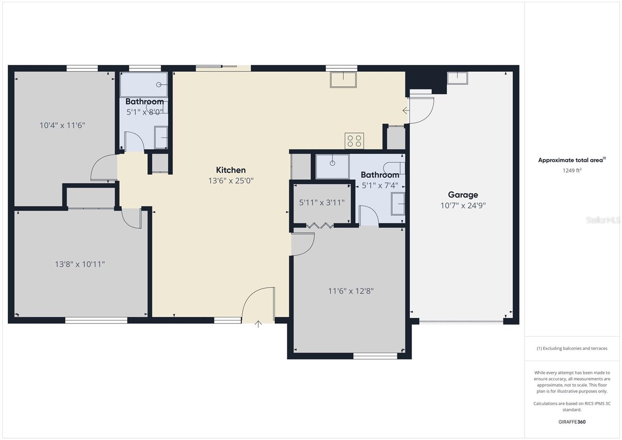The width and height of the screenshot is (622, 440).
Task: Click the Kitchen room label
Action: click(231, 170)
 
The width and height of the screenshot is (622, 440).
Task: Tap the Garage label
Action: click(463, 195)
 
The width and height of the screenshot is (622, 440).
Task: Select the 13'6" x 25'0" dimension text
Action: click(231, 181)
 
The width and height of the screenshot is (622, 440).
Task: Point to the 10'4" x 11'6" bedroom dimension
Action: click(62, 125)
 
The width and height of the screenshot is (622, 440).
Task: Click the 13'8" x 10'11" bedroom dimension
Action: click(80, 264)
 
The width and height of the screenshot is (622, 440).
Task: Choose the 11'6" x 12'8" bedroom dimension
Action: click(351, 291)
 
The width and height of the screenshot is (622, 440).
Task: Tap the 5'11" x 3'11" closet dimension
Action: click(321, 202)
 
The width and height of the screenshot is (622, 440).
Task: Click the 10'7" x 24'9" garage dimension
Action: click(463, 205)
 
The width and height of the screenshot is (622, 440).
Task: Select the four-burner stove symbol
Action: click(354, 140)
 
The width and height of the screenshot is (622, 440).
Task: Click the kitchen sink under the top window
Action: click(343, 79)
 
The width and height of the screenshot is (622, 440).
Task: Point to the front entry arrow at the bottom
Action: click(259, 324)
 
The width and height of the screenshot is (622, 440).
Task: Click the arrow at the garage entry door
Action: click(406, 110)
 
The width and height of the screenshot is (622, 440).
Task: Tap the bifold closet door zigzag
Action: click(320, 225)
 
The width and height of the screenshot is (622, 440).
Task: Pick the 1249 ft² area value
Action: click(572, 170)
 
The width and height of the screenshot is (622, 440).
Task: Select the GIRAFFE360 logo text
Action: click(572, 422)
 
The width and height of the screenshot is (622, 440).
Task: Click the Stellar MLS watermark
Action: click(603, 220)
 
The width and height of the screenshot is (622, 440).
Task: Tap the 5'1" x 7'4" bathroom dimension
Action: click(380, 186)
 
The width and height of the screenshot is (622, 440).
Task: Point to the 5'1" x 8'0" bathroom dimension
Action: click(145, 112)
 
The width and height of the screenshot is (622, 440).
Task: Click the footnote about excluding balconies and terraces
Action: click(572, 349)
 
